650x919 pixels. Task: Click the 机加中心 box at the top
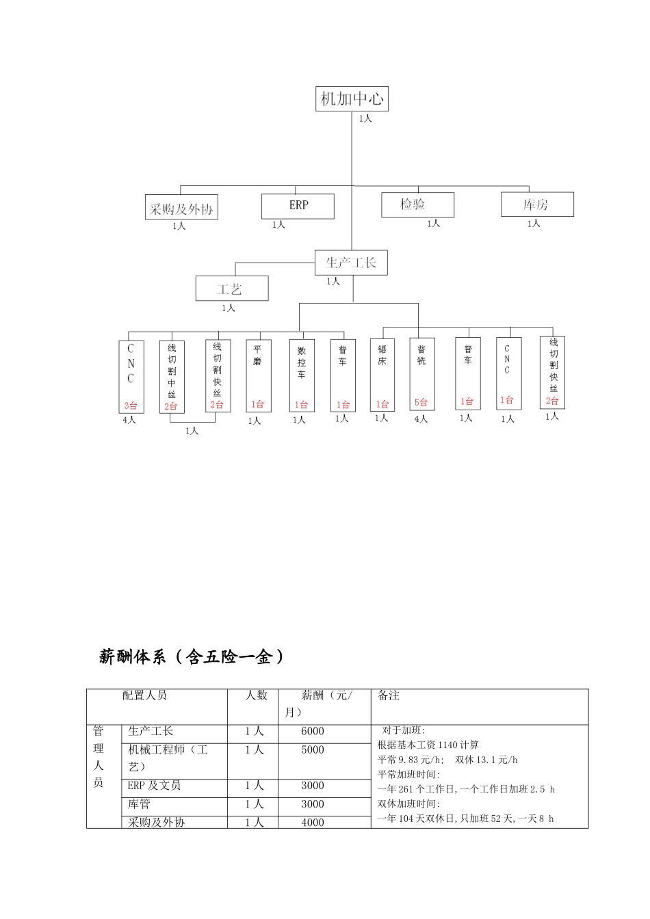click(352, 99)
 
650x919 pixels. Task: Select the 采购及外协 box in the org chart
click(181, 208)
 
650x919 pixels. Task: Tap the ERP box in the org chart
click(298, 206)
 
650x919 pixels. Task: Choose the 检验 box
click(417, 204)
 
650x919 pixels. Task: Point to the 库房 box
click(537, 204)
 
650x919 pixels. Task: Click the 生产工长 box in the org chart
click(351, 263)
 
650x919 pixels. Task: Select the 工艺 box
click(231, 289)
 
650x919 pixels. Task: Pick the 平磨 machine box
click(258, 375)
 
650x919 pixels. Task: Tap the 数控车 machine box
click(302, 375)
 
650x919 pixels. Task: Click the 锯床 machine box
click(382, 375)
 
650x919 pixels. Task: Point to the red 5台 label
click(421, 402)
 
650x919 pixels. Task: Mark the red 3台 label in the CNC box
click(130, 405)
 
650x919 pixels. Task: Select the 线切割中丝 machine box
click(171, 376)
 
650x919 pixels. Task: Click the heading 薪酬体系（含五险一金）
click(191, 657)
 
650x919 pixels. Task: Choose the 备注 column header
click(389, 695)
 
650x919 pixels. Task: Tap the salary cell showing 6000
click(313, 732)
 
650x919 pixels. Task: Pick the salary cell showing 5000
click(313, 750)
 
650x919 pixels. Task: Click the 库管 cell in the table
click(140, 805)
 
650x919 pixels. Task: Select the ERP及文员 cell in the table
click(154, 786)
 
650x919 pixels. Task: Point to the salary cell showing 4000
click(313, 823)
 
